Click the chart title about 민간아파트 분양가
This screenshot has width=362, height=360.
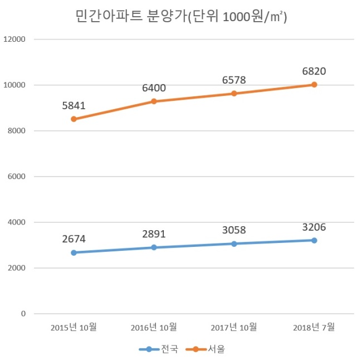(x=181, y=16)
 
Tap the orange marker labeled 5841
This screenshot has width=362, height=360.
(x=74, y=119)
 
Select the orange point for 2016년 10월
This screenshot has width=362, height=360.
(x=154, y=101)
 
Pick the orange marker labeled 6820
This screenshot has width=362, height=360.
(x=314, y=85)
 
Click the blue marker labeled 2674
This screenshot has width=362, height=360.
(x=74, y=253)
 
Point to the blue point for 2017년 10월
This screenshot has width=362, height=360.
(x=234, y=244)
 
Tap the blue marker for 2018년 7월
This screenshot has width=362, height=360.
(x=314, y=241)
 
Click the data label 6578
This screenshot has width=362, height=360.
(x=234, y=80)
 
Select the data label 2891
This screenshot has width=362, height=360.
(x=154, y=234)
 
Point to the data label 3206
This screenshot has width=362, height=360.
(x=314, y=227)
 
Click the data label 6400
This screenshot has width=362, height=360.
(x=154, y=88)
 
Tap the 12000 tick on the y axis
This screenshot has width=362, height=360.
(x=14, y=39)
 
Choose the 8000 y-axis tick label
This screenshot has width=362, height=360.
(x=16, y=131)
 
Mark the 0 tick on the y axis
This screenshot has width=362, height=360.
(x=23, y=314)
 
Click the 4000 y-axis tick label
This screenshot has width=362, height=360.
(x=16, y=222)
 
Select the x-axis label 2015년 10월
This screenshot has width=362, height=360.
(x=74, y=327)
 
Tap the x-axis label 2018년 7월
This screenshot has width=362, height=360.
(x=314, y=327)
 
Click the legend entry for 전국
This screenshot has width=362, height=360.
(x=159, y=349)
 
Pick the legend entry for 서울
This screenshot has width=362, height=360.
(x=206, y=349)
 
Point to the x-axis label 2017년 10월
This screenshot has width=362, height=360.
(x=234, y=327)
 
